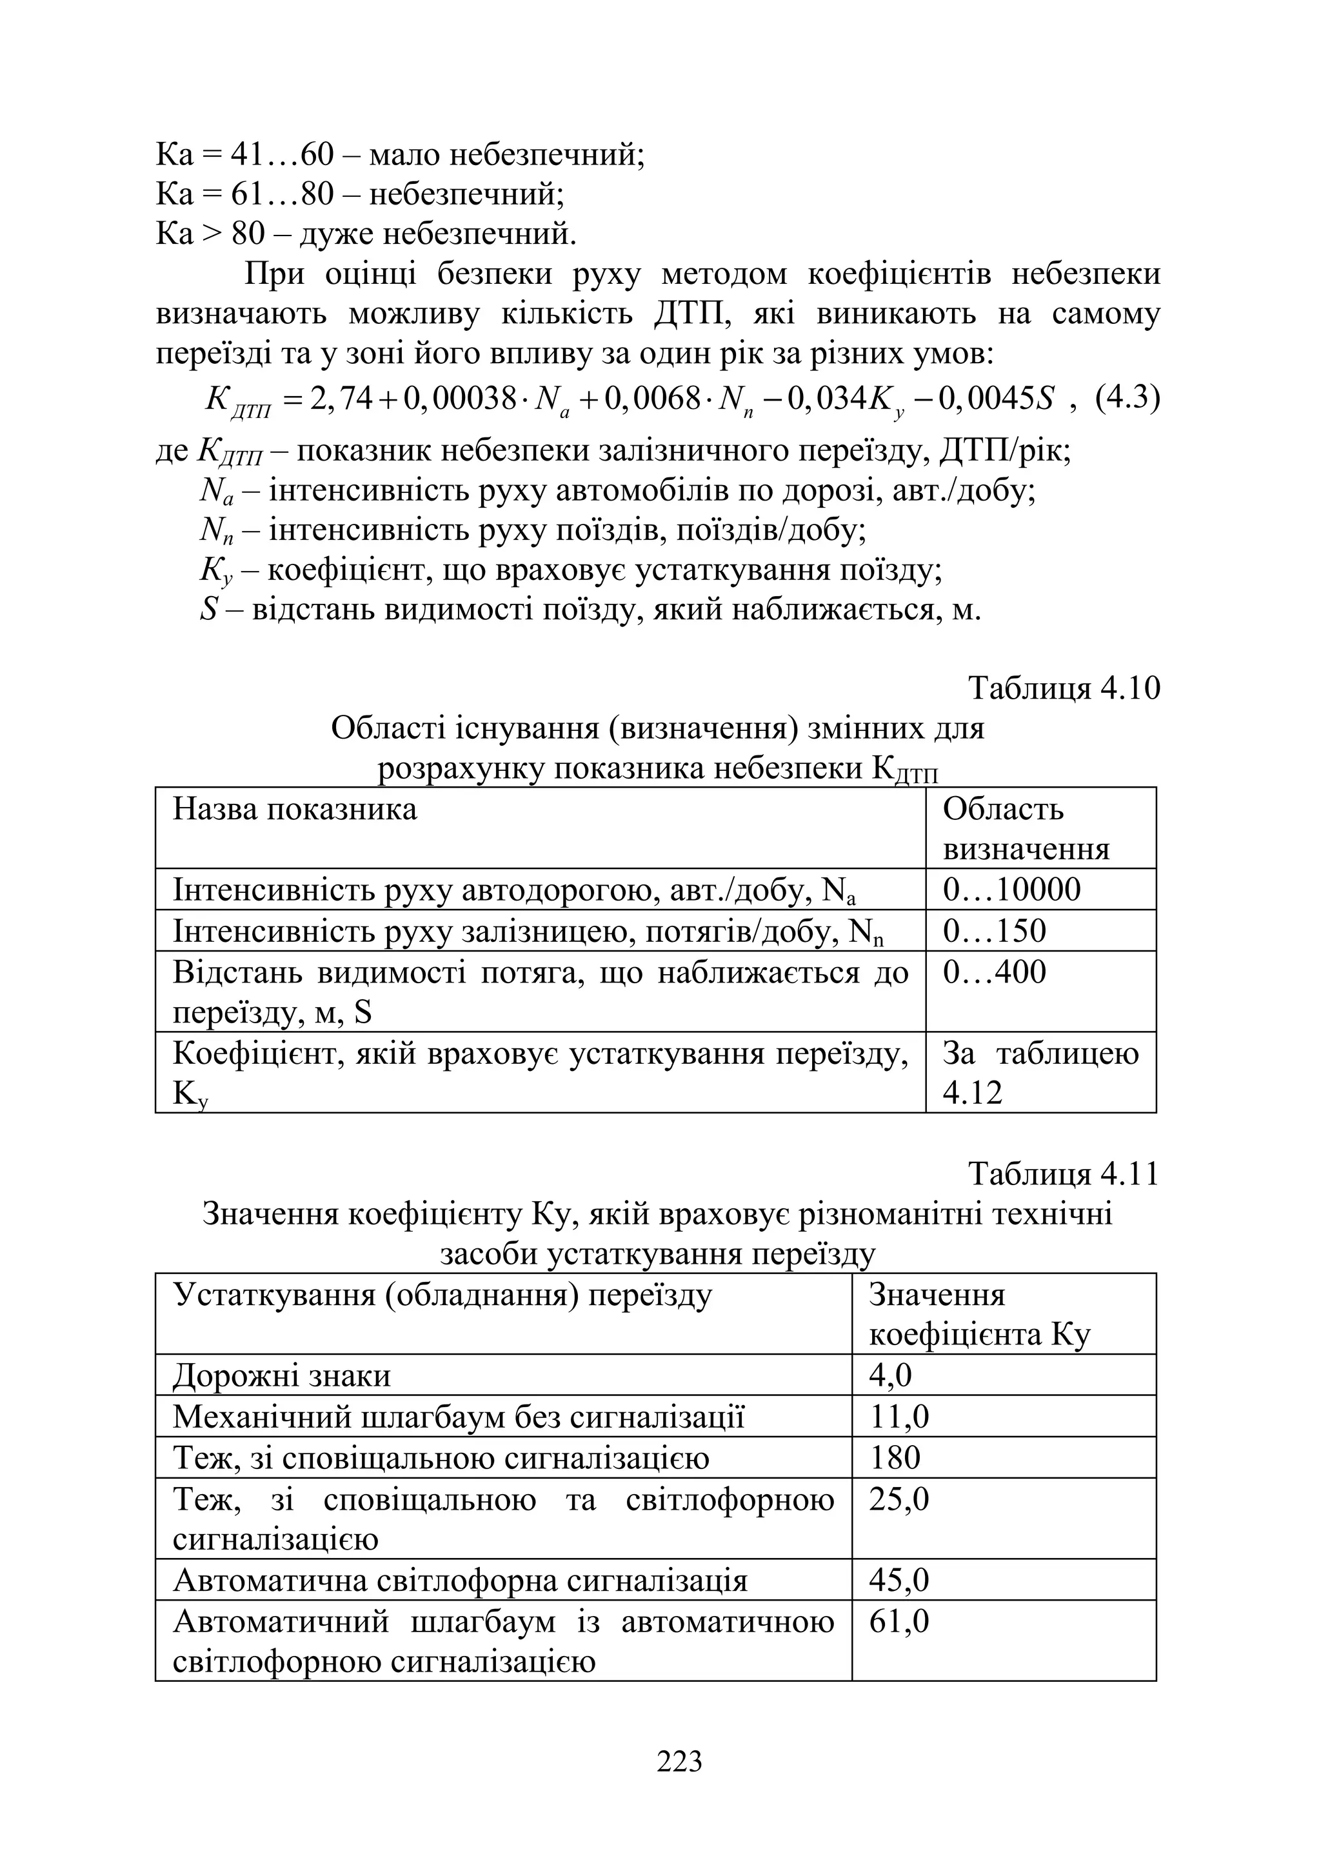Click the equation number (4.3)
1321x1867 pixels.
point(1127,399)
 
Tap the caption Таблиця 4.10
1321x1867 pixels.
point(1064,688)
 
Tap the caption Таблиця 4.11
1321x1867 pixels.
point(1063,1175)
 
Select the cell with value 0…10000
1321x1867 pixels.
point(1011,890)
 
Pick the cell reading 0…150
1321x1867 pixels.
point(994,931)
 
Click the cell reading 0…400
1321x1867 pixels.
point(994,972)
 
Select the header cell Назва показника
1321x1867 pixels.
point(295,810)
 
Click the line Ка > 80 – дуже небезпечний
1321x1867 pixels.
point(366,234)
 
